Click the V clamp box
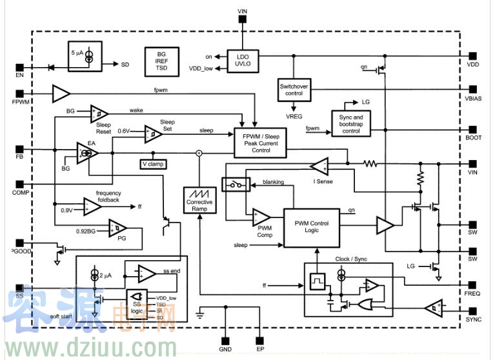[152, 164]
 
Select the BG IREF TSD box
[162, 59]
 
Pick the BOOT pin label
[473, 137]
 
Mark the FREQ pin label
[473, 294]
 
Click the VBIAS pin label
[473, 99]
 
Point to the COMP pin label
[21, 192]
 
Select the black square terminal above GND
[225, 341]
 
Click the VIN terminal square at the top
[242, 19]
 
